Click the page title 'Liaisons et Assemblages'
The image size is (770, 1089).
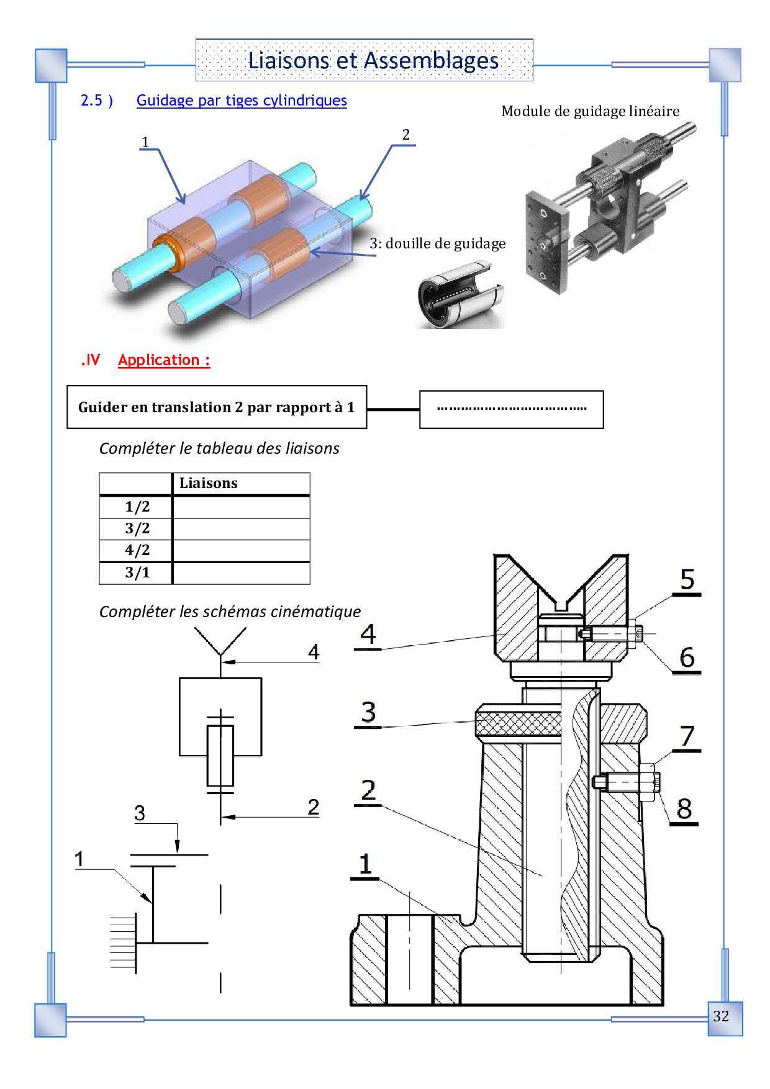pyautogui.click(x=373, y=61)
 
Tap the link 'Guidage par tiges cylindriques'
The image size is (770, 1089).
pyautogui.click(x=242, y=101)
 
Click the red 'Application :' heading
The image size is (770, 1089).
pyautogui.click(x=164, y=360)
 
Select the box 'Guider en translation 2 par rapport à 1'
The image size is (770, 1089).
pyautogui.click(x=217, y=407)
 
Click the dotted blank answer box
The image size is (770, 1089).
pyautogui.click(x=512, y=409)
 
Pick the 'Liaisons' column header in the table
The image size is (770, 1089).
pyautogui.click(x=209, y=483)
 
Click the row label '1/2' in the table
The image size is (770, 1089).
pyautogui.click(x=137, y=507)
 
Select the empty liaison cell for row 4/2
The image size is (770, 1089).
pyautogui.click(x=242, y=551)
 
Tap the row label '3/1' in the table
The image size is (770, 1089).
pyautogui.click(x=137, y=572)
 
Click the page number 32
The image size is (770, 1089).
pyautogui.click(x=721, y=1016)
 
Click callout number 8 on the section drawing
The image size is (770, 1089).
pyautogui.click(x=684, y=809)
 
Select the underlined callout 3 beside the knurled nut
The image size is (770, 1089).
pyautogui.click(x=368, y=712)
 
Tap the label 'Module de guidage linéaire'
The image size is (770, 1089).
pyautogui.click(x=591, y=111)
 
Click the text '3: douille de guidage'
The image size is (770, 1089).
pyautogui.click(x=438, y=243)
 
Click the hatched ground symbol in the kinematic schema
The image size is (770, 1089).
pyautogui.click(x=124, y=943)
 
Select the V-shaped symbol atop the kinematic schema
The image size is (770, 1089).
pyautogui.click(x=220, y=641)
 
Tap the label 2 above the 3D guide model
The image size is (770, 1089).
pyautogui.click(x=406, y=135)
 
